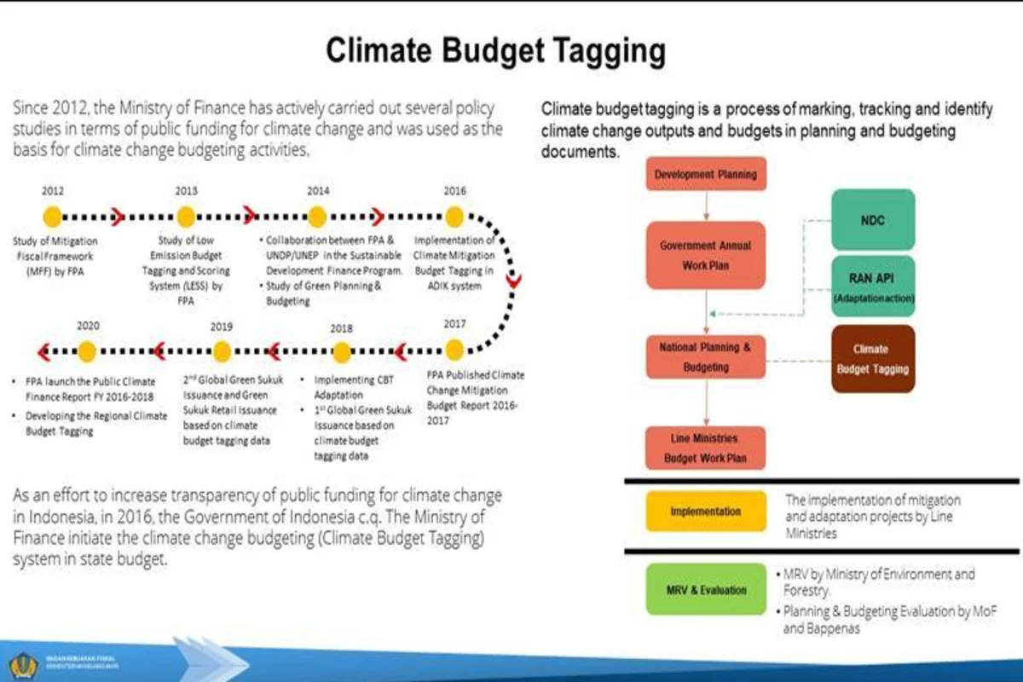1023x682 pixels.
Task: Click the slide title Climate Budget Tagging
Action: (495, 51)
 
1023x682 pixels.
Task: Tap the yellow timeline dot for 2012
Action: (52, 217)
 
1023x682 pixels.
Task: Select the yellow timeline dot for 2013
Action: (186, 217)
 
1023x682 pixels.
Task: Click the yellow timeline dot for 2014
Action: (317, 217)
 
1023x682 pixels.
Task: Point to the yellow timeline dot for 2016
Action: (454, 217)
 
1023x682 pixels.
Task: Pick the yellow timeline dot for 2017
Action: (454, 350)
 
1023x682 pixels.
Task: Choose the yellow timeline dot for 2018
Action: (341, 351)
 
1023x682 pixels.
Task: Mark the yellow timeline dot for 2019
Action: (222, 351)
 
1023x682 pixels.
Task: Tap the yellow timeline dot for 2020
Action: (87, 351)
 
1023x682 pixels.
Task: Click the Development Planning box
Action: (705, 175)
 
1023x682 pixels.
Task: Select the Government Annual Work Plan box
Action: (705, 255)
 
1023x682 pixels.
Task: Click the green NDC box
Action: (872, 220)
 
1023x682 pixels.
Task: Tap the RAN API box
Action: (872, 286)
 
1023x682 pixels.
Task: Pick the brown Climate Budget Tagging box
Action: (872, 359)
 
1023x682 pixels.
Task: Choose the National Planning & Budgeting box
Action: (705, 358)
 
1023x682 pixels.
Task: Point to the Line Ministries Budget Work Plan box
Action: (705, 448)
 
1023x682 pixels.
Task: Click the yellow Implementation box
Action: (706, 511)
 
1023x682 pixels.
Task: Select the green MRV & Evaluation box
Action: (706, 590)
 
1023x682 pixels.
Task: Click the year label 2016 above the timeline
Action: (454, 191)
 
